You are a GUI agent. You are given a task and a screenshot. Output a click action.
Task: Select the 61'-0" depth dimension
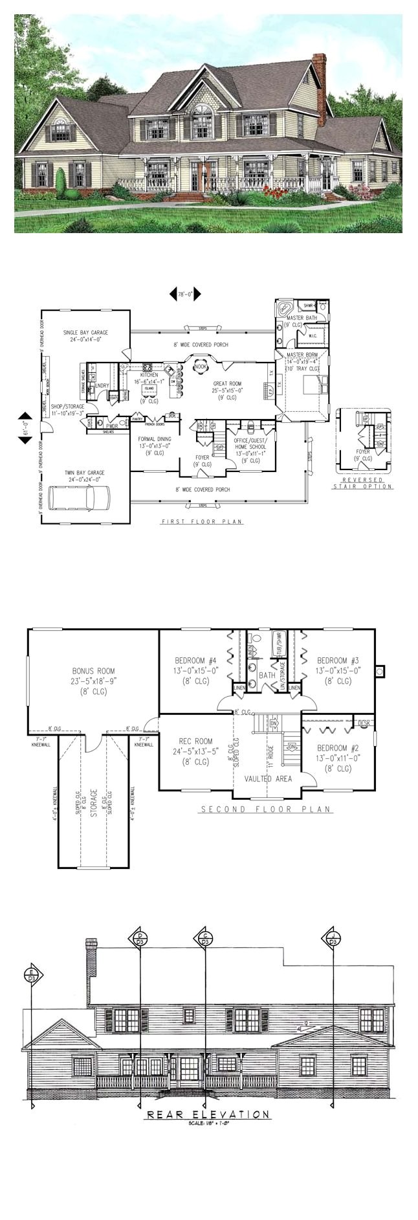point(25,428)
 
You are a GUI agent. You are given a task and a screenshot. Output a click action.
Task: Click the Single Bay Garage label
point(85,335)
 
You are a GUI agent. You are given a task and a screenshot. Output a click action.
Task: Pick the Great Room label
point(227,384)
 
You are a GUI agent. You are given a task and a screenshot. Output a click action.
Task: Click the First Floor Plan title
point(202,521)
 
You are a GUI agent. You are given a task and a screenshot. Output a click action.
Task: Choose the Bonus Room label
point(93,672)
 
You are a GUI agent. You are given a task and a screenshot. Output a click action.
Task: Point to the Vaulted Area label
point(267,778)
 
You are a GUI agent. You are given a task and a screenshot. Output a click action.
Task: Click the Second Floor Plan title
point(265,809)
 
